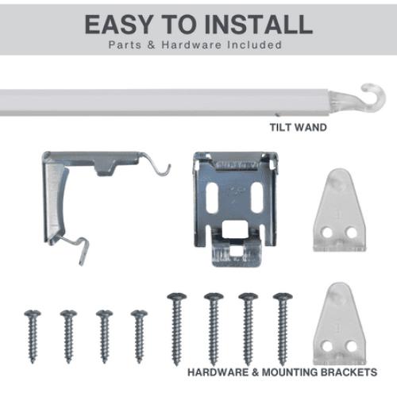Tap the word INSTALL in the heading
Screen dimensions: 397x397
coord(259,25)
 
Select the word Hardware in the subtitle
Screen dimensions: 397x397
coord(191,44)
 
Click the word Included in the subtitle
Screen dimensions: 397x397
coord(255,44)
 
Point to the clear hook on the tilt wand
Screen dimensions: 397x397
coord(371,98)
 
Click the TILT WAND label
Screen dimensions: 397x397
coord(299,128)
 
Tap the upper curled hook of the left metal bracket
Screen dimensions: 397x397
coord(156,164)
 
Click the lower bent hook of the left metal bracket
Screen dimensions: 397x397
coord(78,248)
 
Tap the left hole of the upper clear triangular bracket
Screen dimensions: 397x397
coord(327,233)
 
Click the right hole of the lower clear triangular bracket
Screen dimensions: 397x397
coord(352,345)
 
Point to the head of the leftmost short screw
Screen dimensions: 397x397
coord(33,314)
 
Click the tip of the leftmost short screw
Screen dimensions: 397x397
coord(33,362)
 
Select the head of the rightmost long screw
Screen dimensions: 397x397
coord(283,296)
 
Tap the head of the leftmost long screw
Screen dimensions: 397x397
coord(177,296)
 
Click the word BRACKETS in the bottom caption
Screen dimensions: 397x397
coord(349,372)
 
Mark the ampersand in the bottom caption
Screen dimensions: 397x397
coord(255,372)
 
